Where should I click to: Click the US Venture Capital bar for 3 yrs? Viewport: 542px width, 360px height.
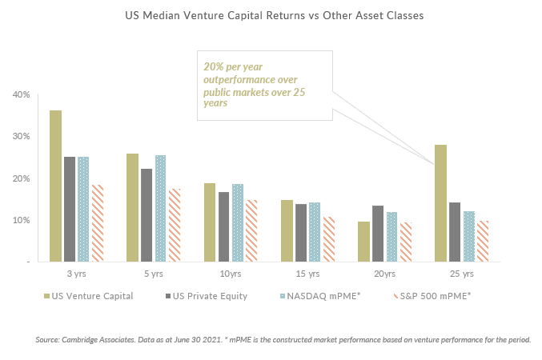coord(55,186)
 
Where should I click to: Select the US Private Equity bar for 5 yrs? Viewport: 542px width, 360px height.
coord(147,215)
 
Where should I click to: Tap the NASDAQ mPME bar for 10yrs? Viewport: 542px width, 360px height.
coord(238,222)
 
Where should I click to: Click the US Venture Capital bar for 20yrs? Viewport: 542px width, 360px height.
coord(363,242)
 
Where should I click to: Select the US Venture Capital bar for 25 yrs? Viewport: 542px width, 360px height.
coord(440,203)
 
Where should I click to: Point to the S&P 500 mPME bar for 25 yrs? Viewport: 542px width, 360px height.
coord(484,241)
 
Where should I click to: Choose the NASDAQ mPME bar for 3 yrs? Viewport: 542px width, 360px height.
coord(84,209)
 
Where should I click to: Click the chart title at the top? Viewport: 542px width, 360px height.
coord(271,15)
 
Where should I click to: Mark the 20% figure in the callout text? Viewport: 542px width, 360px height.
coord(214,66)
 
